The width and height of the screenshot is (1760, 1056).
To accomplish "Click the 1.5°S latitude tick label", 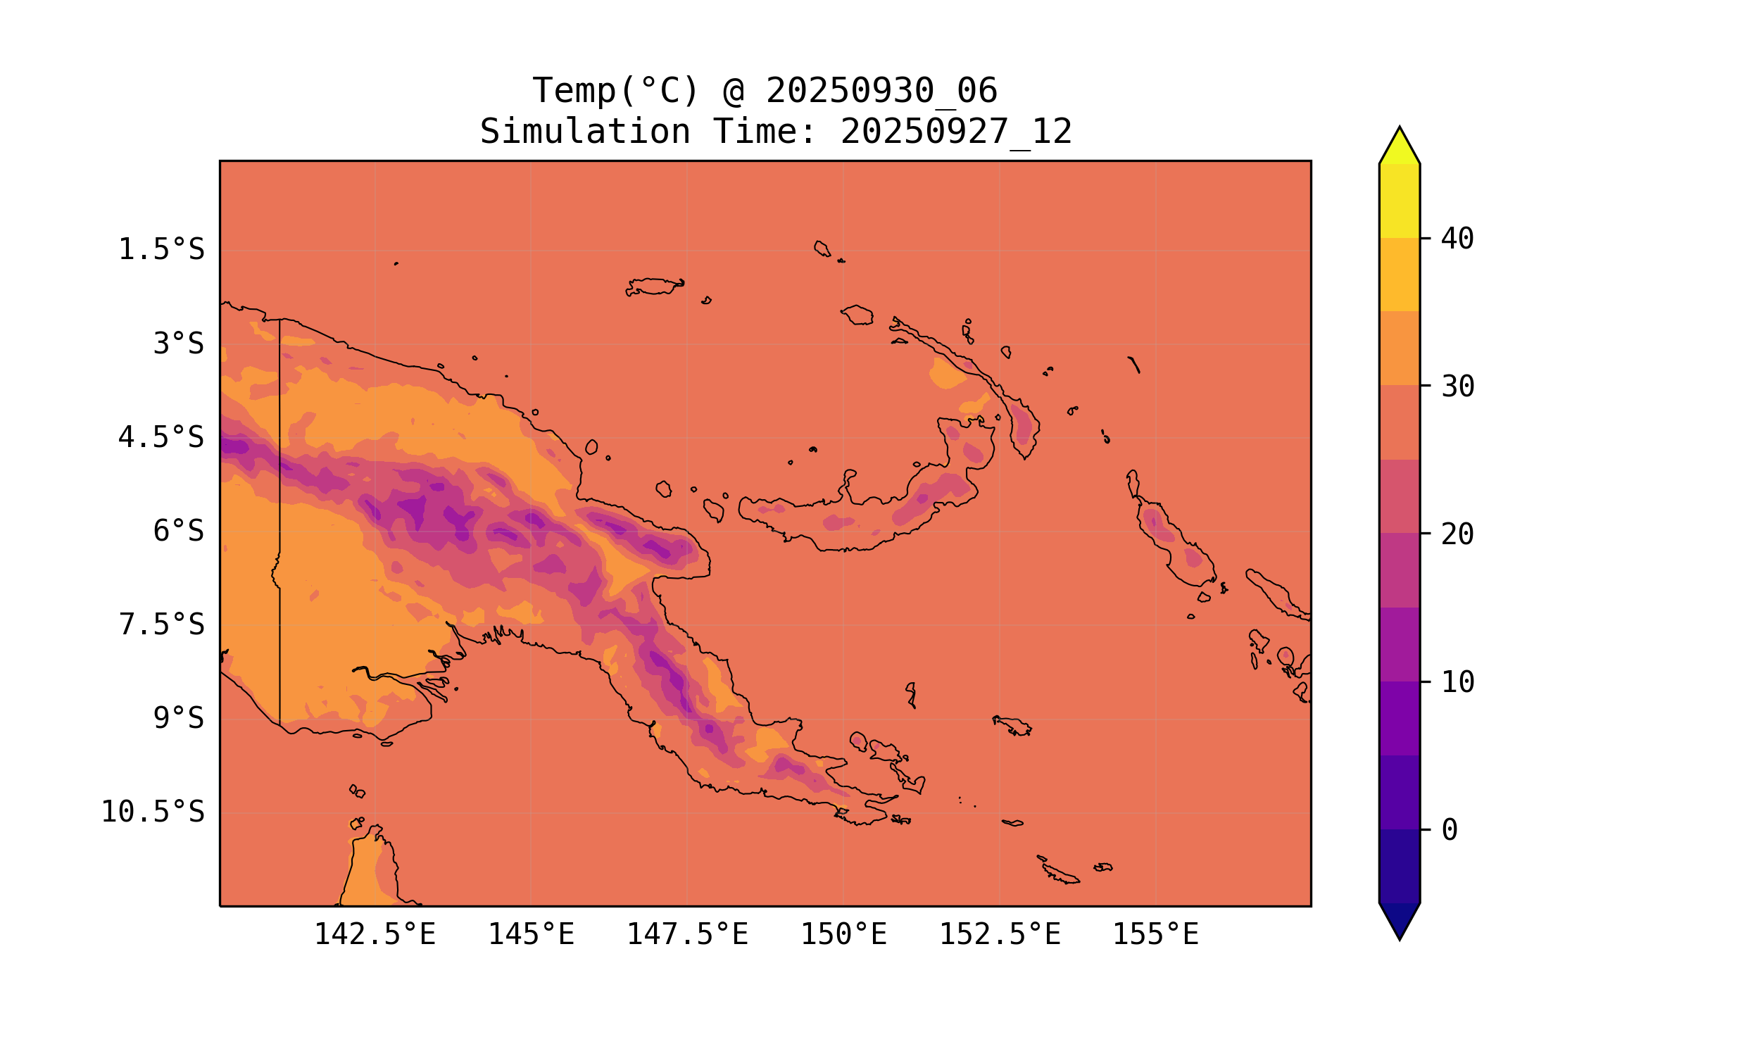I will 161,251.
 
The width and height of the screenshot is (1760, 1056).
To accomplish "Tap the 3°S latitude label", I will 179,344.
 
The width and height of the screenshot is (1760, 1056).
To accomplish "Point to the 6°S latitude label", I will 179,532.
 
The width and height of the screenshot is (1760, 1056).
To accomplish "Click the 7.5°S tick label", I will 161,625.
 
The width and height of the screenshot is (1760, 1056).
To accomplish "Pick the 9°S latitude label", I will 179,719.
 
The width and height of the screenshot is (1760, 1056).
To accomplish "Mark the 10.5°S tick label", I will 153,812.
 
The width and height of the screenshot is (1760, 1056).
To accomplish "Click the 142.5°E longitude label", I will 375,935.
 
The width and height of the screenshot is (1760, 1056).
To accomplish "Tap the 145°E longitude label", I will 531,935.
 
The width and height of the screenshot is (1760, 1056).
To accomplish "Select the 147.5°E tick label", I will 687,935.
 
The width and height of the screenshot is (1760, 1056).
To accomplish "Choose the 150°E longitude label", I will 843,935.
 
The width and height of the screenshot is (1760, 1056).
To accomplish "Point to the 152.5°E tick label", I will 1000,935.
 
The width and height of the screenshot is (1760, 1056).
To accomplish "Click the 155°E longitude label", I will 1155,935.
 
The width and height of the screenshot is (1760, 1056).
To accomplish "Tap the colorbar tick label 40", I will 1458,240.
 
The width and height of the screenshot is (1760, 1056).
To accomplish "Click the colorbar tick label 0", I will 1450,831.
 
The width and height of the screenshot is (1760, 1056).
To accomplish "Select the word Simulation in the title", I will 585,133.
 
